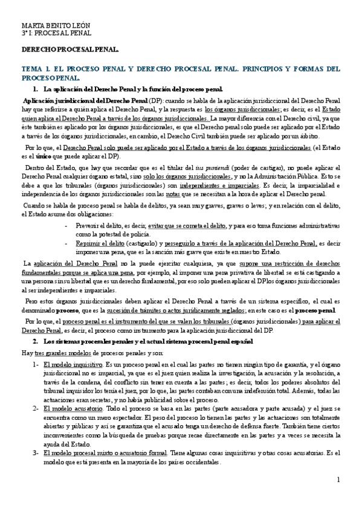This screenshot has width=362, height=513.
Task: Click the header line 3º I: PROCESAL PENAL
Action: click(x=48, y=34)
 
